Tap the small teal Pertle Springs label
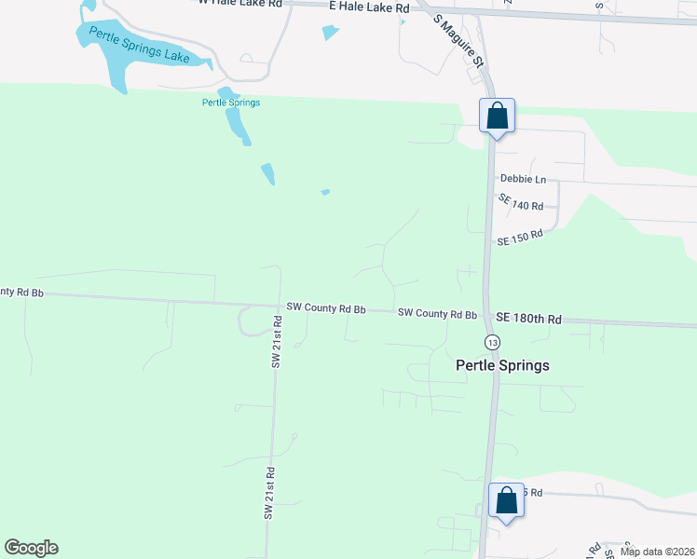230,102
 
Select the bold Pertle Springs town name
502,365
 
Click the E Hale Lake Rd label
369,7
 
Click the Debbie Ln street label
523,179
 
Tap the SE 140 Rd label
520,202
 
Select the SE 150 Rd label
519,238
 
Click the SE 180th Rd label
528,319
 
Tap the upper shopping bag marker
497,117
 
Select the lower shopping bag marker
507,500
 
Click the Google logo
31,548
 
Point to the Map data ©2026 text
656,552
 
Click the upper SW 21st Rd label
277,342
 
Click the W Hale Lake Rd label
239,3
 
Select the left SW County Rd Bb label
325,307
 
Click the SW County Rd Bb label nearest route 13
437,314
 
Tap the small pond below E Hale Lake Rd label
330,33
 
